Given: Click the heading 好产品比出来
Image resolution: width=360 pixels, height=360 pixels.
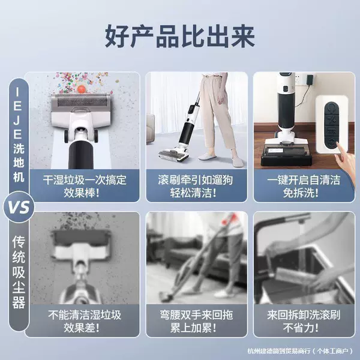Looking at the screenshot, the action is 180,36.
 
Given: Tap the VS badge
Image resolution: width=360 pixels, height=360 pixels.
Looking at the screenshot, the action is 19,207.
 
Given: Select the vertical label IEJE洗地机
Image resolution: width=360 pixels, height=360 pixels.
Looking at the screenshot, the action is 19,136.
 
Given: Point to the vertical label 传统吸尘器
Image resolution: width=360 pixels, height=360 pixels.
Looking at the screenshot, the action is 19,272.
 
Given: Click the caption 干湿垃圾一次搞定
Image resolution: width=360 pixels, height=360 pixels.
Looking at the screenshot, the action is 85,180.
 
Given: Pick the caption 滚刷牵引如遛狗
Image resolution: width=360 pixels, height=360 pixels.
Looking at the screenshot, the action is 196,180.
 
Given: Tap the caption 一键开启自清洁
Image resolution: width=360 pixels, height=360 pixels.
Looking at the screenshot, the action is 304,180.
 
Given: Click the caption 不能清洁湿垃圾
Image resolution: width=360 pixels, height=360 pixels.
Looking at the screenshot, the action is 85,315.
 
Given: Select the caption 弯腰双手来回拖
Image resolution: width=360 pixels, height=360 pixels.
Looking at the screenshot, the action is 197,315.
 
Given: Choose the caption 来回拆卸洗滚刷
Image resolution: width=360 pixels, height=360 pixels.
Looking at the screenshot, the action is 304,315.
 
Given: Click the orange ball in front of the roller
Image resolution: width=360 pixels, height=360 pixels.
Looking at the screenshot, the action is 82,89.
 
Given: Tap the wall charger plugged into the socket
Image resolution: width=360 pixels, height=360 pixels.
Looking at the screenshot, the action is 310,80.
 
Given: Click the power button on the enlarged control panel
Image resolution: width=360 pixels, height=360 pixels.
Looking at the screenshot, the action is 332,107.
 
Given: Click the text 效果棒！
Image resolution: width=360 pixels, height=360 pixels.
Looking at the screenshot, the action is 82,193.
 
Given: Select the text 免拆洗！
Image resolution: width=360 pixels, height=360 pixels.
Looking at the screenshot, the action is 301,193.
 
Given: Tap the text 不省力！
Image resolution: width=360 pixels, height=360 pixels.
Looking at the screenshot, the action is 301,328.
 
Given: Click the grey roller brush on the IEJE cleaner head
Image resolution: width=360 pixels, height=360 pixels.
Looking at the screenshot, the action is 82,101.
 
